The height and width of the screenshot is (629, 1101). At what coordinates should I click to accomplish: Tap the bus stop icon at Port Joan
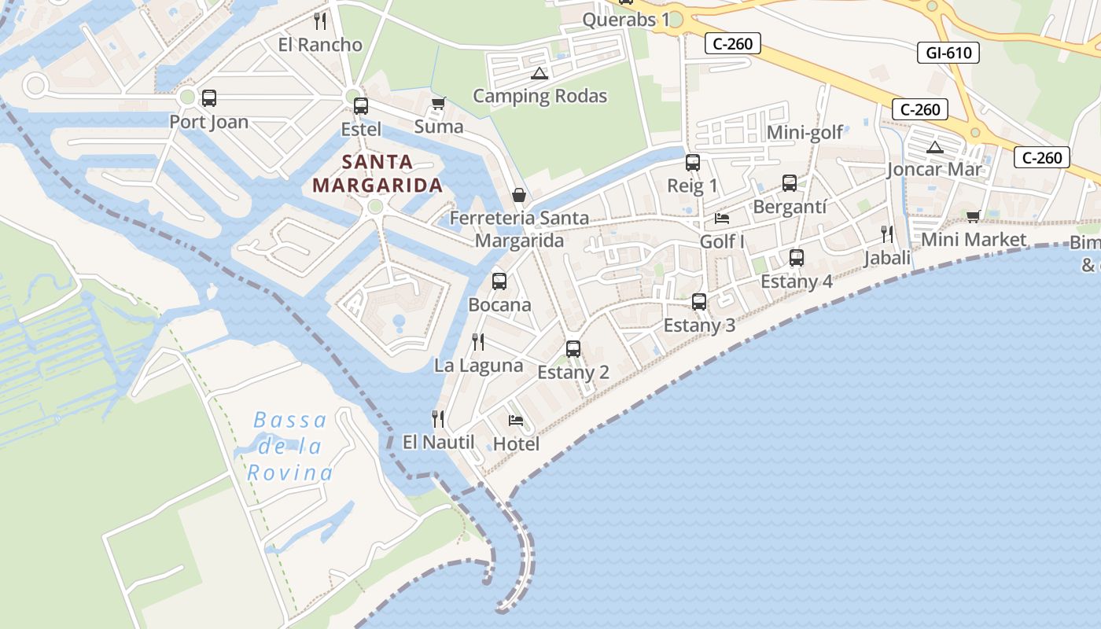[x=208, y=98]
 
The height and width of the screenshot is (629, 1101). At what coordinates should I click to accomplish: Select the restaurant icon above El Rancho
[x=320, y=21]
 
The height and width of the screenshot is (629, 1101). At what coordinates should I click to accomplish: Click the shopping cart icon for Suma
[x=439, y=104]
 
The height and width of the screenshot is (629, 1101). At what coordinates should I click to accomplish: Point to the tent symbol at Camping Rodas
[x=539, y=74]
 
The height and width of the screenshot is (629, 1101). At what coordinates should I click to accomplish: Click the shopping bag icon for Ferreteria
[x=519, y=194]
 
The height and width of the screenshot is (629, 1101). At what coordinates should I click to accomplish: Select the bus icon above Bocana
[x=499, y=281]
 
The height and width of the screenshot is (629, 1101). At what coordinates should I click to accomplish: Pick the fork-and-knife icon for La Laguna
[x=477, y=342]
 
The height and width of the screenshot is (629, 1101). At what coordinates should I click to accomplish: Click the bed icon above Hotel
[x=516, y=421]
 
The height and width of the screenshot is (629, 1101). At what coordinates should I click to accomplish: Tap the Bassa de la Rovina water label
[x=290, y=447]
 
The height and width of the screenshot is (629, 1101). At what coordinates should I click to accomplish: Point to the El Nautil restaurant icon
[x=438, y=419]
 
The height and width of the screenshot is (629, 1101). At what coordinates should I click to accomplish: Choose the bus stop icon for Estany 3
[x=698, y=302]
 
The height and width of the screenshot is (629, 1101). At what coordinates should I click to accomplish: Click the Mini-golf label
[x=805, y=132]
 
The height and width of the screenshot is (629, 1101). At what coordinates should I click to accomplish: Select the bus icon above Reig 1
[x=692, y=163]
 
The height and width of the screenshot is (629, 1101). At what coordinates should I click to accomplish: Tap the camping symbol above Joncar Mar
[x=934, y=147]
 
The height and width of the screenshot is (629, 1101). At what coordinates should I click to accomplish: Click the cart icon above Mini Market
[x=973, y=217]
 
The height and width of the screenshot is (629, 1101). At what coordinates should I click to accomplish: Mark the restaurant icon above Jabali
[x=887, y=234]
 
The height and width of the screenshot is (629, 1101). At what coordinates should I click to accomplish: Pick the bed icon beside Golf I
[x=722, y=219]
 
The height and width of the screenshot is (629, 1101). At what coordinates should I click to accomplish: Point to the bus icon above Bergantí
[x=790, y=183]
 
